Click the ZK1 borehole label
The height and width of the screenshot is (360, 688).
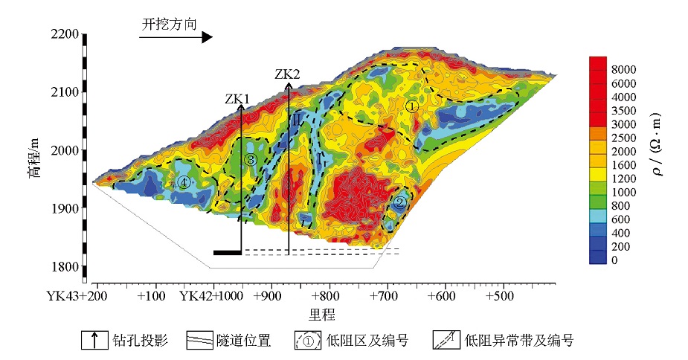(237, 98)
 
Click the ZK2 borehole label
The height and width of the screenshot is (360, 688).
(287, 74)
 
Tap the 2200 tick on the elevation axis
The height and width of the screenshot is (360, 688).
(65, 34)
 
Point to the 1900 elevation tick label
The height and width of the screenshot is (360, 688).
(65, 208)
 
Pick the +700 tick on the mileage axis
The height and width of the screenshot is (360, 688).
(387, 295)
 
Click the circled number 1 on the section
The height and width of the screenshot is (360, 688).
(413, 106)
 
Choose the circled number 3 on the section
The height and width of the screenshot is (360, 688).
(251, 160)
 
